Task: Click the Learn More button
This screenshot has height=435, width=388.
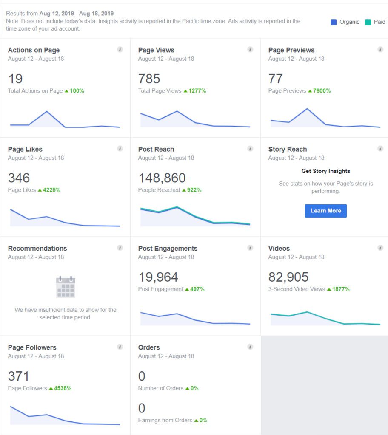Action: click(325, 211)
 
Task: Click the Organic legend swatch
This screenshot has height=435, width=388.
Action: click(334, 22)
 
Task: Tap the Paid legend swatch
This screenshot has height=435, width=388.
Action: click(368, 22)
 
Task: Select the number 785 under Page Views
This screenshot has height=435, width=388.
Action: click(149, 79)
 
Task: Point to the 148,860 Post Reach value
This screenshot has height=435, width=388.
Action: click(162, 178)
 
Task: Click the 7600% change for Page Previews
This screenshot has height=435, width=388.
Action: click(319, 91)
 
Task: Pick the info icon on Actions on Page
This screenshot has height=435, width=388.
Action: click(120, 50)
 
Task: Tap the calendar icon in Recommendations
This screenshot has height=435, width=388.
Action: click(66, 287)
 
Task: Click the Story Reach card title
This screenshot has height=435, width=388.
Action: click(288, 149)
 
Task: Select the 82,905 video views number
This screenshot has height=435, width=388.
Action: click(288, 277)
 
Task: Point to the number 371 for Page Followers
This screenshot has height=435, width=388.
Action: click(18, 376)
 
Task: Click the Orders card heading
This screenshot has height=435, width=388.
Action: click(149, 347)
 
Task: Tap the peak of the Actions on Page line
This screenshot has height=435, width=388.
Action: click(47, 111)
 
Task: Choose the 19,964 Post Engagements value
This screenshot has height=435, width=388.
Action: click(158, 277)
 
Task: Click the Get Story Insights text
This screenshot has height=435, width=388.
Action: click(325, 171)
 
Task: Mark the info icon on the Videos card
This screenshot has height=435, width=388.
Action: click(380, 248)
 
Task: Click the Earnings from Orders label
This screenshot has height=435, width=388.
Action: click(165, 420)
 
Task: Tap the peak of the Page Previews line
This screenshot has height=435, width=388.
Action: click(307, 109)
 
